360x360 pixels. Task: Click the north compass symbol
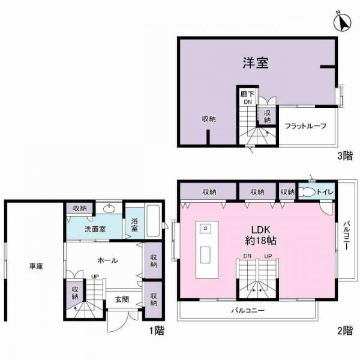point(343,22)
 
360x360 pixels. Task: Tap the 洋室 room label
point(256,62)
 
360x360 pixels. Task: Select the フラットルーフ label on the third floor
point(305,126)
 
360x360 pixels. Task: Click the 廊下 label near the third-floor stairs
point(247,94)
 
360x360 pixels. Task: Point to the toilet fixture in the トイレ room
point(307,192)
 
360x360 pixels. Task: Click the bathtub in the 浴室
point(153,221)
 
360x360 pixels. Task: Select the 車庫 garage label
point(36,266)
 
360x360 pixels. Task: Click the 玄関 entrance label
point(122,299)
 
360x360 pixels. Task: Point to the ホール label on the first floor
point(107,260)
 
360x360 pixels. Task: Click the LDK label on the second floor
point(260,230)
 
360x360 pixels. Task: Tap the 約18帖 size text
point(260,241)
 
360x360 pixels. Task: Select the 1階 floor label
point(157,331)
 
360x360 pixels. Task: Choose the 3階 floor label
point(344,156)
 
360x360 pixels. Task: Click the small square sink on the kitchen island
point(205,228)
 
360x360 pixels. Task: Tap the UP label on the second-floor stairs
point(268,256)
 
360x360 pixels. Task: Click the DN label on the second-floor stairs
point(247,256)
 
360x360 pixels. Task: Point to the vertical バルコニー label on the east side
point(347,236)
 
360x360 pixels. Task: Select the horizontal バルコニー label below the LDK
point(248,311)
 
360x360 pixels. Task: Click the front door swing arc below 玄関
point(115,326)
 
